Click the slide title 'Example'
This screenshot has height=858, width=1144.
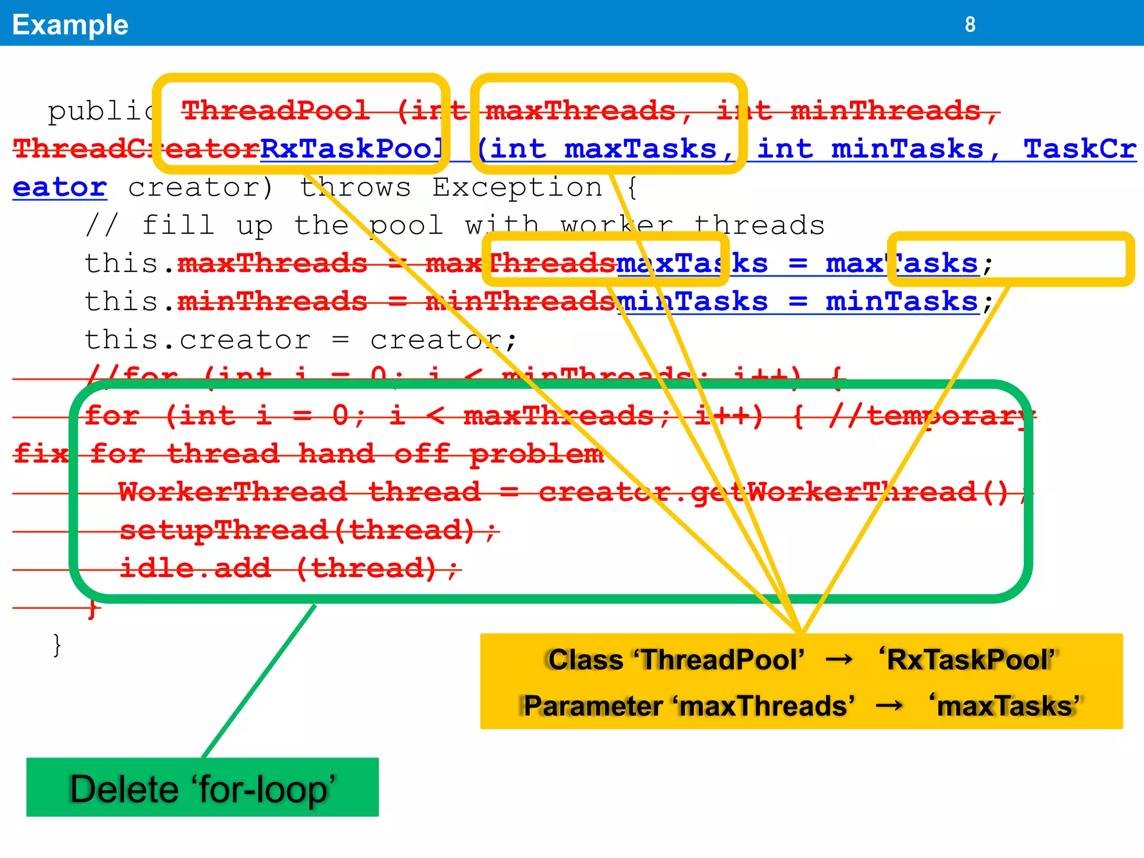click(70, 25)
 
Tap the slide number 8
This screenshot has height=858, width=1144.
click(970, 25)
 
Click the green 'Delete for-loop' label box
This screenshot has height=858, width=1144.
click(202, 788)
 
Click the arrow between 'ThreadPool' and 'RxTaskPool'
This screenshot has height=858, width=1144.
click(840, 660)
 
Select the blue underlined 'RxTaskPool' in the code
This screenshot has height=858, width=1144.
click(352, 149)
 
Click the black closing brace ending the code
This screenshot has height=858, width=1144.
click(57, 645)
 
